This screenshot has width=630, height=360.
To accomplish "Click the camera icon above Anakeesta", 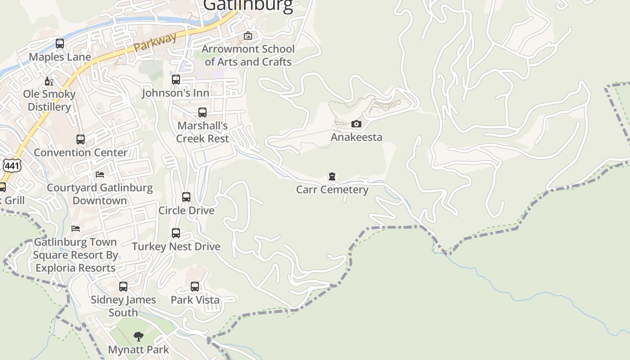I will point(356,124).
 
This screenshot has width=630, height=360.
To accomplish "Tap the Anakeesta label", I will point(356,137).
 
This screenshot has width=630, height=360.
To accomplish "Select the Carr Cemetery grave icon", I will point(332,176).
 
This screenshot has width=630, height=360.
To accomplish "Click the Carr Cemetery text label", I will point(332,189).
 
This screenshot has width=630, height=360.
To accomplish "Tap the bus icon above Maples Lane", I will point(60,44).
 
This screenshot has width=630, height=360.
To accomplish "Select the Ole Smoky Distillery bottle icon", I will point(49,81).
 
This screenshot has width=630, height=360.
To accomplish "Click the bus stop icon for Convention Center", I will point(81,139).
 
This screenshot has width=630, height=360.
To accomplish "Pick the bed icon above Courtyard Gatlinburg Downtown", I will point(100,175).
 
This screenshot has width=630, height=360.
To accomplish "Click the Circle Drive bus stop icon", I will point(186,197).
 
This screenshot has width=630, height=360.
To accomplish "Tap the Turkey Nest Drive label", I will point(176,247).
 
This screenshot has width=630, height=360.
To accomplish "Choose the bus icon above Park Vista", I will point(195,287).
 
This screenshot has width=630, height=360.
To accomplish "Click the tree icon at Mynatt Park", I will point(139,336).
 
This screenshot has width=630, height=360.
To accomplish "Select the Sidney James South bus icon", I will point(123,287).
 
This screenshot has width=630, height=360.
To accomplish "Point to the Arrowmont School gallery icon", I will point(248,36).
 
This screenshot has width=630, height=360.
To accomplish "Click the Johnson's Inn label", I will point(175,93).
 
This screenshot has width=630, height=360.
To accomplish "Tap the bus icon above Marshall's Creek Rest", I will point(202,112).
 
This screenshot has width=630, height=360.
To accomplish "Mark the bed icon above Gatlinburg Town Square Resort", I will point(76,229).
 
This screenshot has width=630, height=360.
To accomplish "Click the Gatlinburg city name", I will point(248,5).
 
